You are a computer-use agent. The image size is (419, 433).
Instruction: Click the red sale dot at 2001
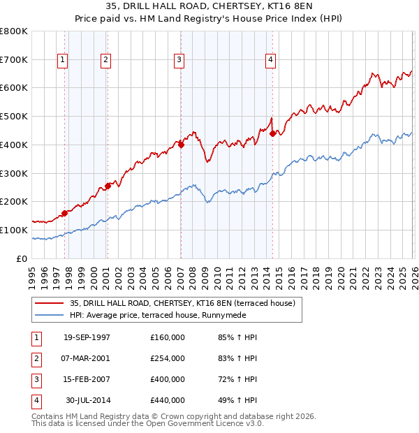point(108,186)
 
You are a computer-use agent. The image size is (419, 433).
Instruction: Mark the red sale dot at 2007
point(181,145)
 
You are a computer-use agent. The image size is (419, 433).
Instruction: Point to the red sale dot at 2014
point(272,133)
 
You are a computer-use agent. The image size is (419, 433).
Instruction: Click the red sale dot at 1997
point(65,212)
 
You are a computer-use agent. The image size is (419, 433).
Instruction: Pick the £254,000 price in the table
point(167,358)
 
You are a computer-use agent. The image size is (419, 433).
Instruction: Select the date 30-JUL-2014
point(87,400)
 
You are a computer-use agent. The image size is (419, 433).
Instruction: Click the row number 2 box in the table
point(36,358)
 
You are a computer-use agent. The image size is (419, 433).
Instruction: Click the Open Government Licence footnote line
point(148,423)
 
